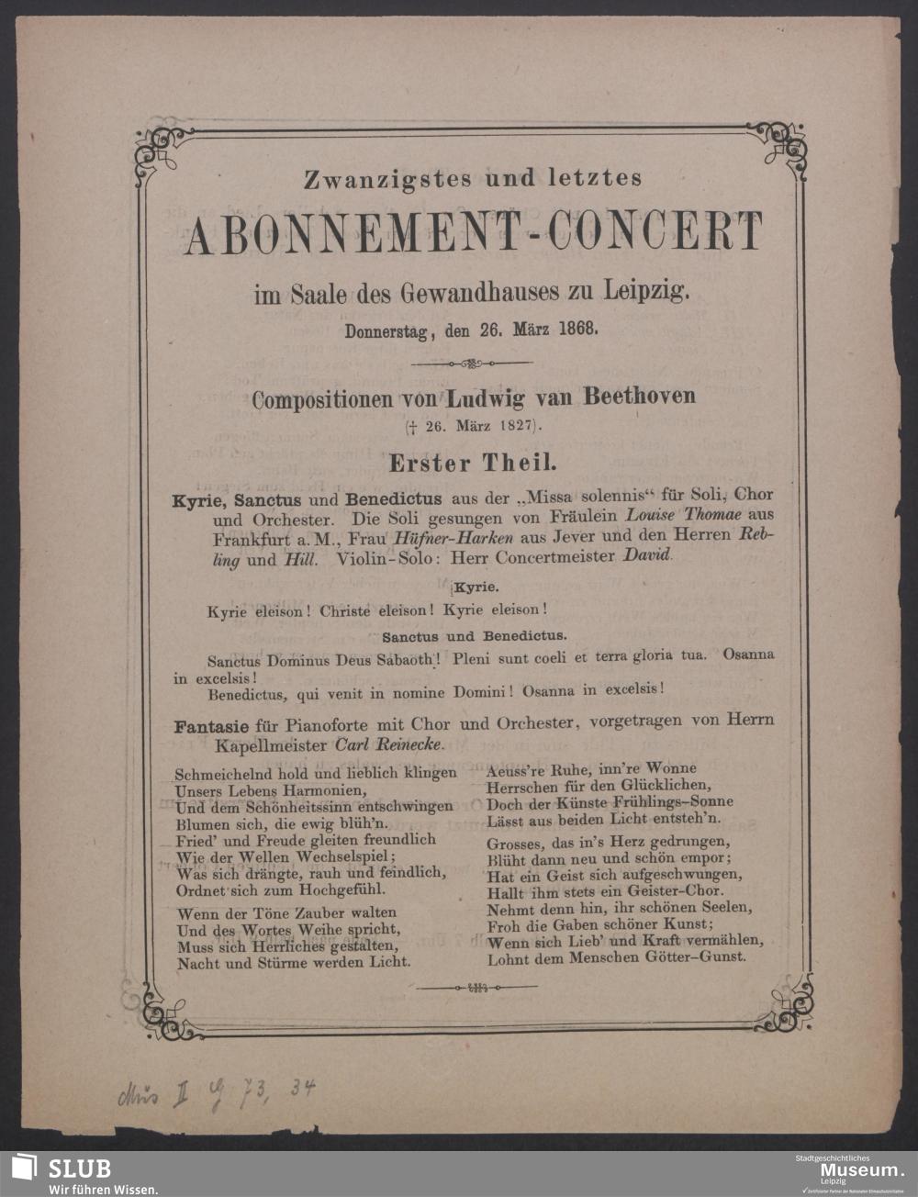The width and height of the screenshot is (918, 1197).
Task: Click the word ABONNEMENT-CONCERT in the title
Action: [473, 232]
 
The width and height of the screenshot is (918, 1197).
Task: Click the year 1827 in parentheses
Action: [520, 426]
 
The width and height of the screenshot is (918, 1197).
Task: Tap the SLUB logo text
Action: [79, 1169]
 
